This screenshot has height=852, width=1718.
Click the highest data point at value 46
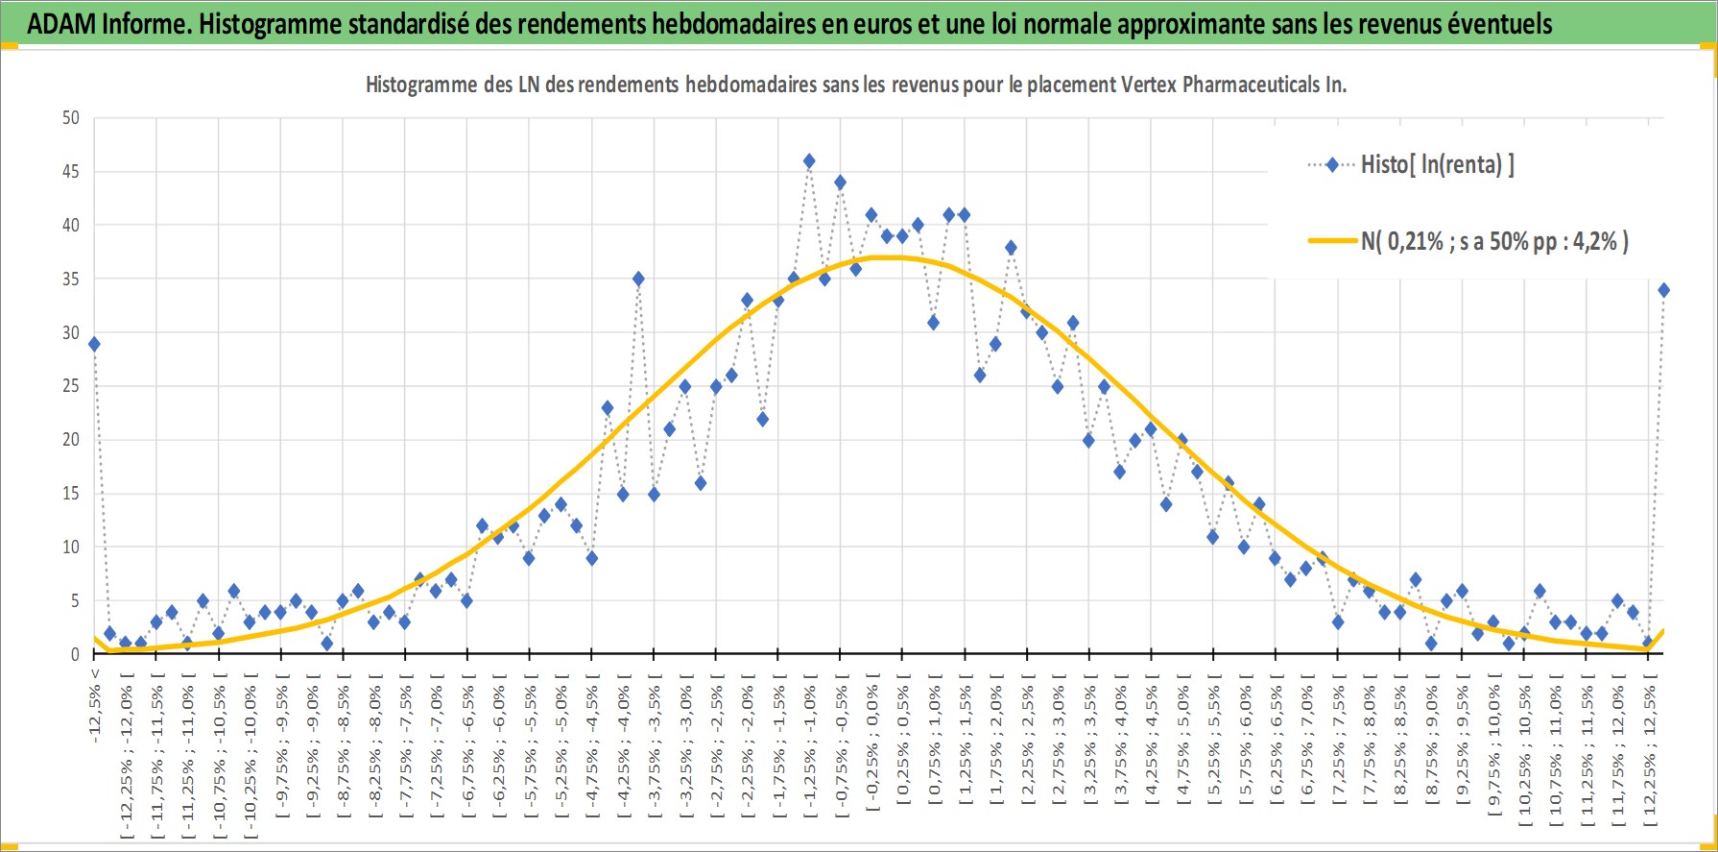pos(809,161)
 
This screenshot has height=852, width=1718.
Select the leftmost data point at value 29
pos(94,344)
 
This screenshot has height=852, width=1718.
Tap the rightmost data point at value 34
pos(1663,290)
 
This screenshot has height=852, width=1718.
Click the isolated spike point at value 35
pos(638,280)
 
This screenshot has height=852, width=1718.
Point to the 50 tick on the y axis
pos(71,118)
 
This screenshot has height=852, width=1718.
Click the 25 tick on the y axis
pos(71,386)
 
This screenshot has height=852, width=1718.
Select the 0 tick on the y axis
pos(75,654)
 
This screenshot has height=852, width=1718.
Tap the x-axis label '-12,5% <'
pos(94,706)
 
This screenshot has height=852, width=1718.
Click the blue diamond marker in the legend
pos(1332,164)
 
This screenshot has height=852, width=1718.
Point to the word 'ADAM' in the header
pos(60,24)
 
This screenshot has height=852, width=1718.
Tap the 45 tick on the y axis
pos(71,172)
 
